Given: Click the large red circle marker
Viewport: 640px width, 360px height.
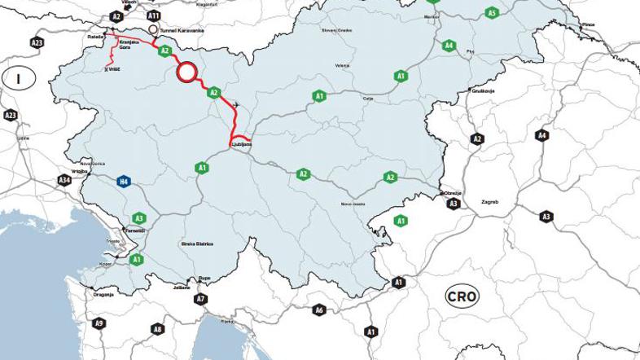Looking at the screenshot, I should [x=187, y=72].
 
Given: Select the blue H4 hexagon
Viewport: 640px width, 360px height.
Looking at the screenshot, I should [x=123, y=181].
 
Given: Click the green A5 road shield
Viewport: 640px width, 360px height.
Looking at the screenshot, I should [x=491, y=13].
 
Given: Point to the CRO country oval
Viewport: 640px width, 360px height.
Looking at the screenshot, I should [x=461, y=296].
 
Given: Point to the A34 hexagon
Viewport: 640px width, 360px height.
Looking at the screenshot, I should [x=64, y=179].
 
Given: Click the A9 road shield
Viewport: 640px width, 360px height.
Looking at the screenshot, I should [x=99, y=323].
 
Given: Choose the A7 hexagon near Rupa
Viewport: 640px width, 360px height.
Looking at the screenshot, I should [x=200, y=299].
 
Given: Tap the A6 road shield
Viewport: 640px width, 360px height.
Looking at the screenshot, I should [x=319, y=310].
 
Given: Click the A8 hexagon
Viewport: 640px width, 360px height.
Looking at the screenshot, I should [x=157, y=329].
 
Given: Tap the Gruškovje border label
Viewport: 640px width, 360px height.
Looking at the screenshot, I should [x=484, y=92].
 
